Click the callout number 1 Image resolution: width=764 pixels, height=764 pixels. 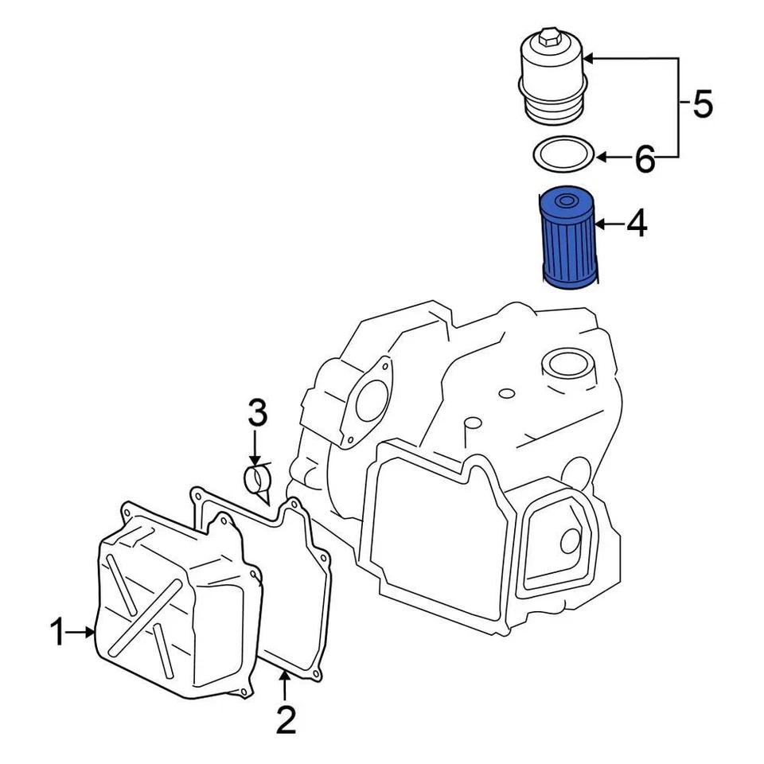(x=57, y=633)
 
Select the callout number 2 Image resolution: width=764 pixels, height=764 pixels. (x=285, y=720)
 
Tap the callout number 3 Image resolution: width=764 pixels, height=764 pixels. (x=256, y=415)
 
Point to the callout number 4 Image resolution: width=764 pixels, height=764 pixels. (x=636, y=226)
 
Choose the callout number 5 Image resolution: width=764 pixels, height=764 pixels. (x=701, y=104)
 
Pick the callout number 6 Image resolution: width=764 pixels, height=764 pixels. (x=644, y=160)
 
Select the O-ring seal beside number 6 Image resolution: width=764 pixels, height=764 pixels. (x=563, y=154)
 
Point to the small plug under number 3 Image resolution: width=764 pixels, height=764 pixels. (x=257, y=481)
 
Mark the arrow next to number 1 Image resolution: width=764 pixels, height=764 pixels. (x=82, y=633)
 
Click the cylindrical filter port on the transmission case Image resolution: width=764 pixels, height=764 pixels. (x=566, y=368)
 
